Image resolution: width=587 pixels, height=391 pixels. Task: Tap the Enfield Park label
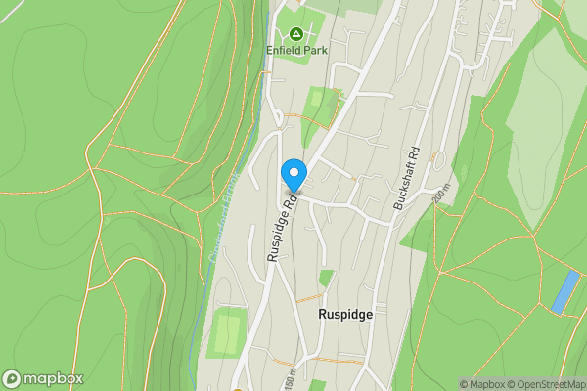coord(296,49)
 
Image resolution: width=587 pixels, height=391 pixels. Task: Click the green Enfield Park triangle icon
coord(295,33)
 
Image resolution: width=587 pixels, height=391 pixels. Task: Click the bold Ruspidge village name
coord(345,316)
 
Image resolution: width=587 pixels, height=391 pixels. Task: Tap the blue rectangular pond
coord(564,291)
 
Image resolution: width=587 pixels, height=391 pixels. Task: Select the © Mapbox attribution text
coord(482,384)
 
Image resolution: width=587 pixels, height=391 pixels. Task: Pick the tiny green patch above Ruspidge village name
coord(326,278)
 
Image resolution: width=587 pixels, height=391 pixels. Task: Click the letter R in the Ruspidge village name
coord(323,316)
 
